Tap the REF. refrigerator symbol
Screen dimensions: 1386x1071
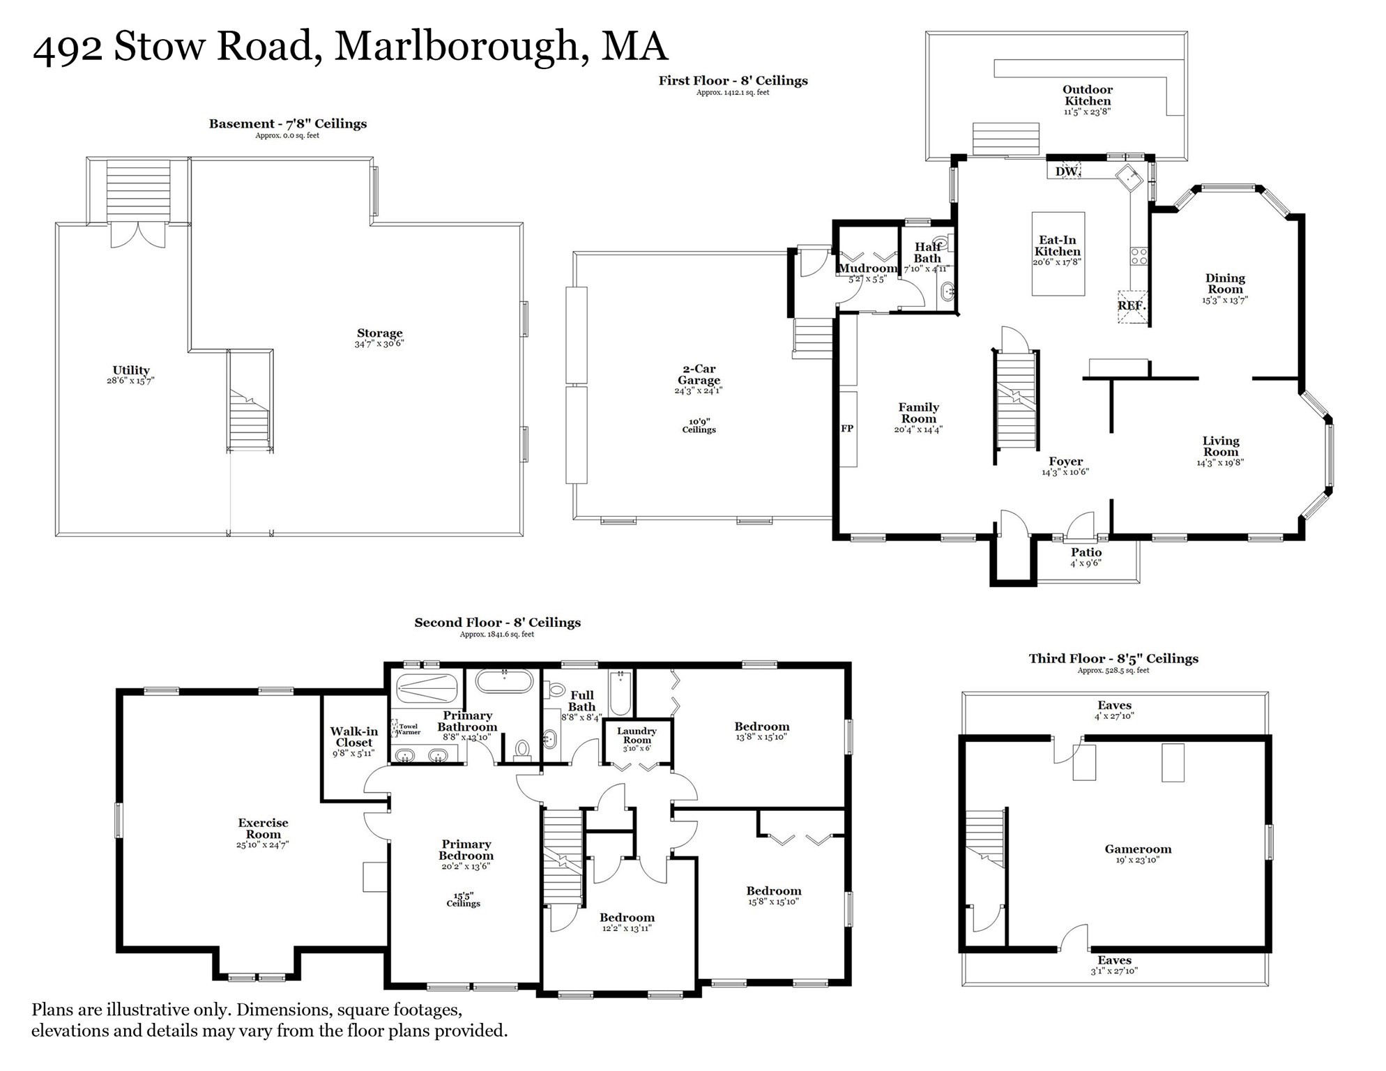click(x=1132, y=306)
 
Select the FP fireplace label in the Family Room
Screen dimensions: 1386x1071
click(x=847, y=429)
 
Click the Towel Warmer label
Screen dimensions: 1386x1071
click(x=409, y=729)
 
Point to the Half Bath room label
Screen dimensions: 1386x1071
click(x=928, y=252)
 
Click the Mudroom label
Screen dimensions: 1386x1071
click(x=867, y=268)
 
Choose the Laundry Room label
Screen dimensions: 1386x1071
click(x=637, y=736)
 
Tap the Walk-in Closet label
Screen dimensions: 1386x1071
click(x=354, y=737)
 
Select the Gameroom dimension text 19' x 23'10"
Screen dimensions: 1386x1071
click(x=1138, y=860)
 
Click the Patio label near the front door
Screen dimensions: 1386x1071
click(x=1086, y=553)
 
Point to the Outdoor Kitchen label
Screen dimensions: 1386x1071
click(x=1088, y=96)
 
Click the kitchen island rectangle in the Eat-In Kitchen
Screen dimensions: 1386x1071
click(x=1058, y=254)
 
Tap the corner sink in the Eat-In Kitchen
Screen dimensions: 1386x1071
click(x=1129, y=178)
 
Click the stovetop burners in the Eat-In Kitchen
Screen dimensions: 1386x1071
click(x=1139, y=256)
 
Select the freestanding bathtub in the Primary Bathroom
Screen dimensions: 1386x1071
click(x=504, y=681)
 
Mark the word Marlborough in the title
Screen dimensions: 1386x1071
click(x=457, y=47)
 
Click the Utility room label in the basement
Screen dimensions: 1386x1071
click(x=131, y=370)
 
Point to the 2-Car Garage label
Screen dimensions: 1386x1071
click(x=699, y=374)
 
